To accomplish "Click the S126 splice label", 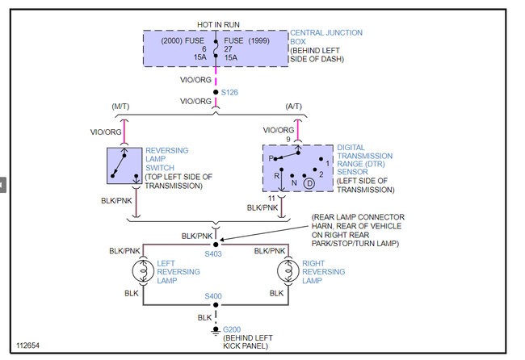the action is [x=229, y=92].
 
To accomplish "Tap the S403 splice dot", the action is [x=216, y=245].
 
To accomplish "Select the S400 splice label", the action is [x=213, y=296].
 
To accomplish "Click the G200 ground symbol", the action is [x=216, y=331].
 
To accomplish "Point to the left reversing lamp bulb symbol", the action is [x=143, y=271].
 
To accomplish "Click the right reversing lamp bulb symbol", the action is [x=288, y=271].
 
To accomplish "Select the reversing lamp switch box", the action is [x=124, y=165].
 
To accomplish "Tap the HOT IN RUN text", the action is [x=218, y=25].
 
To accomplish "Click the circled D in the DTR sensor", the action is [x=309, y=183].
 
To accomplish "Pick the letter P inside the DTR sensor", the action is [x=271, y=158].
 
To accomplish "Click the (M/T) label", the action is [x=120, y=107].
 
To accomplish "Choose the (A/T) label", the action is [x=294, y=107].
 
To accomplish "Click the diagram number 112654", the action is [x=27, y=345].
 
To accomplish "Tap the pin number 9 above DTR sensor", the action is [x=288, y=139].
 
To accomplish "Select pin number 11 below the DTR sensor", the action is [x=271, y=199].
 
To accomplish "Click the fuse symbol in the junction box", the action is [x=216, y=48].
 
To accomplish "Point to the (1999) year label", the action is [x=258, y=41].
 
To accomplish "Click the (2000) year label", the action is [x=172, y=41].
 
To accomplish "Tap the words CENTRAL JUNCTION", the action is [x=326, y=33].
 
